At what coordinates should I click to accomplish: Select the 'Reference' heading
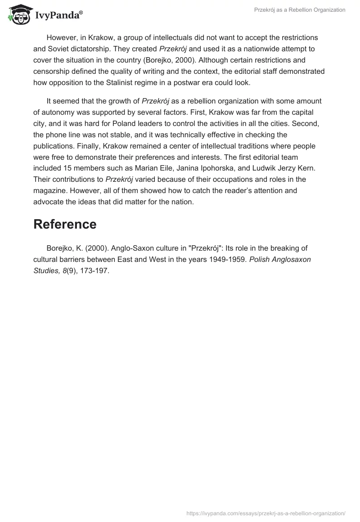coord(65,224)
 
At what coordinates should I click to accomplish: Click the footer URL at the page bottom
coord(265,513)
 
